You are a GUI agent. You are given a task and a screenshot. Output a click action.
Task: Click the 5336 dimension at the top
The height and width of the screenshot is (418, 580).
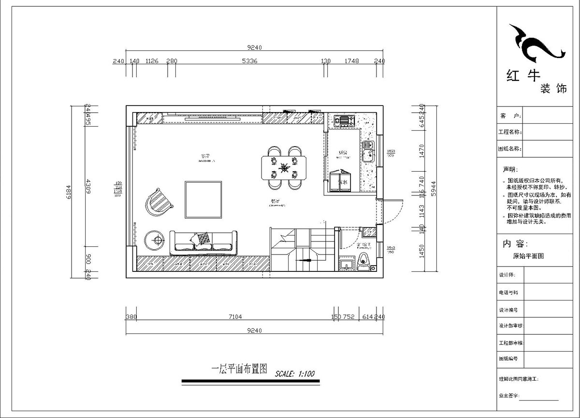click(249, 61)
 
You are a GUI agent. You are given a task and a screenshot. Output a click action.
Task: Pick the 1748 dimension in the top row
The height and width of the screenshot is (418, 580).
click(351, 61)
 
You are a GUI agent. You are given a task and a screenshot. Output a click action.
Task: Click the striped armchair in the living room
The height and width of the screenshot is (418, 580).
click(158, 202)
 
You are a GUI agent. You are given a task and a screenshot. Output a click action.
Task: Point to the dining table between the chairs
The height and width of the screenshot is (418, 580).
click(284, 167)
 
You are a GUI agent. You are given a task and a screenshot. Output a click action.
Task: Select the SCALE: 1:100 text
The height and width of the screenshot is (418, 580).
click(295, 373)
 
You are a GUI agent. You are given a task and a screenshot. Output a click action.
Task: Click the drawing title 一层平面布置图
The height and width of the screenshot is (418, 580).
click(240, 369)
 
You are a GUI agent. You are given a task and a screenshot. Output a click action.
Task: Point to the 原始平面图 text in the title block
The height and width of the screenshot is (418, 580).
click(528, 256)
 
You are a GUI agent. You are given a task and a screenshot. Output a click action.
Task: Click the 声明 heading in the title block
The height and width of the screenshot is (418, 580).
click(510, 170)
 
